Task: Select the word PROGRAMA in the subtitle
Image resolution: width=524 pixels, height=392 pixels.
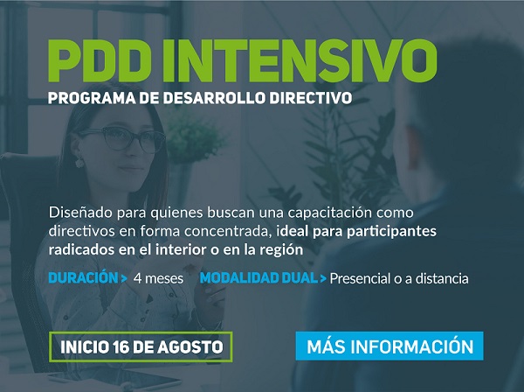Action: (92, 98)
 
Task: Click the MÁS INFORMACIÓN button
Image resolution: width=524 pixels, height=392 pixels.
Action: (390, 346)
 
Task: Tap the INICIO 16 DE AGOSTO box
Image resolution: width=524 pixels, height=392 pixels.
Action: (141, 346)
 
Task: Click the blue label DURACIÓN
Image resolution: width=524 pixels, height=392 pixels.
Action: (84, 278)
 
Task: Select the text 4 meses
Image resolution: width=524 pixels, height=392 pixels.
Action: (158, 278)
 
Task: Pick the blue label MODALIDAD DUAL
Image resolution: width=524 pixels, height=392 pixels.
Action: (259, 278)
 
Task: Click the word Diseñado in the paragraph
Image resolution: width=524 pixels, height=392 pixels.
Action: (80, 213)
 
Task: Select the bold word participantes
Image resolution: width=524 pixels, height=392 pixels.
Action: (391, 232)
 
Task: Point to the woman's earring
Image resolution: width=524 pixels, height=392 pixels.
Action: (79, 162)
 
